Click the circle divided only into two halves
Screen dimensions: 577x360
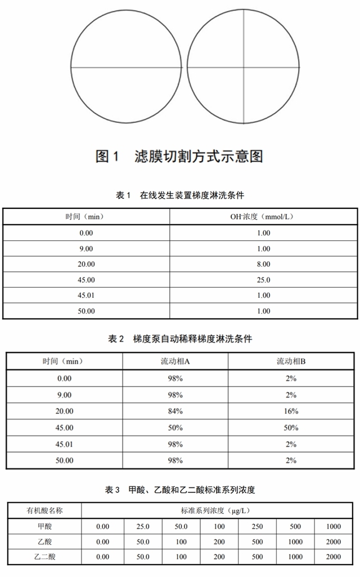[x=127, y=67]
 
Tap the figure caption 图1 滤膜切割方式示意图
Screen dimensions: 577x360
[x=179, y=156]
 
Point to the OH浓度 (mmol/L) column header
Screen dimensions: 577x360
[x=263, y=217]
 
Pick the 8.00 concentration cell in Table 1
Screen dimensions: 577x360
[x=263, y=264]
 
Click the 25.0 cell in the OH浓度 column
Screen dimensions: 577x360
[x=263, y=280]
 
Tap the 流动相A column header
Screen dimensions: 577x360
[x=175, y=361]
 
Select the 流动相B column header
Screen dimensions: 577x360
[x=291, y=361]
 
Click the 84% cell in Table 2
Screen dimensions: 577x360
[x=175, y=411]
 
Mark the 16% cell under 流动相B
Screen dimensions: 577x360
[x=291, y=411]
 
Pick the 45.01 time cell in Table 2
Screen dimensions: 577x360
[x=64, y=444]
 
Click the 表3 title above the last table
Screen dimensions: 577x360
[x=180, y=490]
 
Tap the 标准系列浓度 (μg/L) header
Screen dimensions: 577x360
[x=219, y=511]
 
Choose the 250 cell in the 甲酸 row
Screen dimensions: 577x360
[x=257, y=526]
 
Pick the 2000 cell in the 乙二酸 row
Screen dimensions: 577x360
[x=333, y=557]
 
